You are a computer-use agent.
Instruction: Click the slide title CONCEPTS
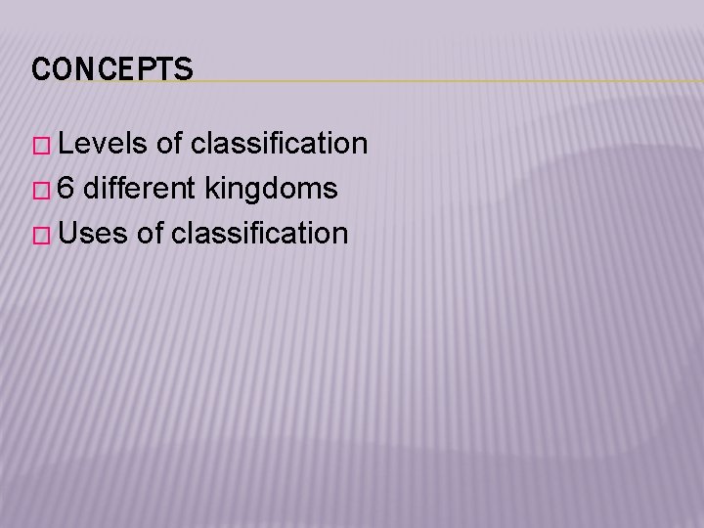click(112, 69)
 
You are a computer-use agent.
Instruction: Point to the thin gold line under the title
click(440, 81)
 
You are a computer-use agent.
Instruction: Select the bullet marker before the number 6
click(41, 190)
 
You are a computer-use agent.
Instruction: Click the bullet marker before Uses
click(41, 235)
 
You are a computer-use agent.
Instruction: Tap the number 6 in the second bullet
click(66, 189)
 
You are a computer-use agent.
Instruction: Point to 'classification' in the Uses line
click(259, 234)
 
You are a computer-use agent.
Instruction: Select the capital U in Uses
click(67, 234)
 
